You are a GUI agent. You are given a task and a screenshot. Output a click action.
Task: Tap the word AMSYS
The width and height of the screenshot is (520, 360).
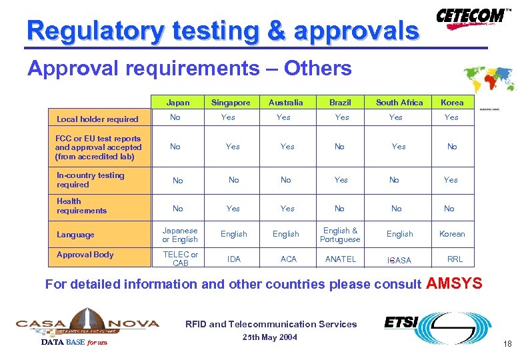pos(453,283)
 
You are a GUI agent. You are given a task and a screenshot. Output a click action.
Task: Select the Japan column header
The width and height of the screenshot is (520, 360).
pos(178,103)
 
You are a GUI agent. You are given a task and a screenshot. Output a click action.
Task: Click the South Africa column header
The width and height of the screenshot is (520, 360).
pos(399,103)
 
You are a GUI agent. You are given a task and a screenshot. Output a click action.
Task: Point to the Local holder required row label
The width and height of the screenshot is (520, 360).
pos(97,119)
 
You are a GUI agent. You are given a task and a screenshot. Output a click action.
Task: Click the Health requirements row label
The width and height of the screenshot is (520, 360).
pos(81,206)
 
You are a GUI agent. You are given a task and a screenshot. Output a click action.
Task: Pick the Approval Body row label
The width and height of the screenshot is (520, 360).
pos(85,255)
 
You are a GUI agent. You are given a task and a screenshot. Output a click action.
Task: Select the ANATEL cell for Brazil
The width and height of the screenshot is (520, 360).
pos(341,259)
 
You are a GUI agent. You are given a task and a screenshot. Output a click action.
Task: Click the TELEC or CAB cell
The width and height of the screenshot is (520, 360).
pos(180,259)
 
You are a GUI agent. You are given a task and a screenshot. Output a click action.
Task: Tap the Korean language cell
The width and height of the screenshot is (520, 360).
pos(452,234)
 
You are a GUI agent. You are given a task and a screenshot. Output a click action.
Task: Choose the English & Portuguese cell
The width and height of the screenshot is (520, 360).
pos(340,235)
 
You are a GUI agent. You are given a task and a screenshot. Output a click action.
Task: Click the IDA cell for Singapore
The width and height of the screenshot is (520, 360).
pos(234,259)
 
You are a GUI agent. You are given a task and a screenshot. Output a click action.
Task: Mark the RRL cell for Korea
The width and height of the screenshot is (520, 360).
pos(455,259)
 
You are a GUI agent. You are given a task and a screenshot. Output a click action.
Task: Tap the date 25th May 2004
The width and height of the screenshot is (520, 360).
pos(270,337)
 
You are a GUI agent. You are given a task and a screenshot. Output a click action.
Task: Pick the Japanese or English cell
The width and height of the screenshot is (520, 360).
pos(180,235)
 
